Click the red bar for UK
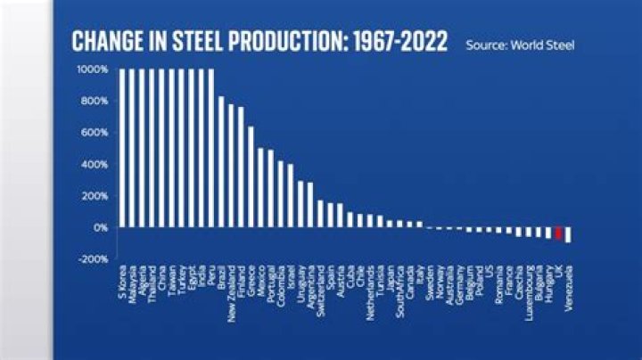[559, 233]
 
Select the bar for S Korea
[122, 148]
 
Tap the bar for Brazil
[221, 162]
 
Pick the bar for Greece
[251, 177]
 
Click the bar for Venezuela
[569, 235]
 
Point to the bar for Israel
[291, 196]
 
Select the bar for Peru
[211, 148]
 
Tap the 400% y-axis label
[93, 164]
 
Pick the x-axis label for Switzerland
[320, 286]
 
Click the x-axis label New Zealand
[231, 289]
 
